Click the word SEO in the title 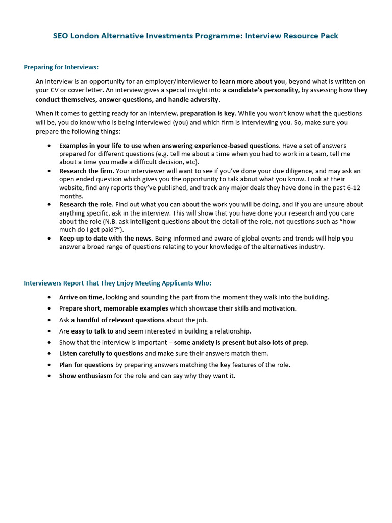point(61,36)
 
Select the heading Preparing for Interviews point(61,67)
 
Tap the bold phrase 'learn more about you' point(252,81)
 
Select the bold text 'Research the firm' point(86,171)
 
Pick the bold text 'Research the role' point(85,204)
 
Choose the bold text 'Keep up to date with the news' point(106,238)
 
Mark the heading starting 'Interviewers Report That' point(117,283)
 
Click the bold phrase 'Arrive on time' point(81,297)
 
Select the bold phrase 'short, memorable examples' point(126,308)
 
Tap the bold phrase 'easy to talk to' point(92,331)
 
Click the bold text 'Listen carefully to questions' point(101,353)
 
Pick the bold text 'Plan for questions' point(86,365)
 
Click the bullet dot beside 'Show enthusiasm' point(49,376)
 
